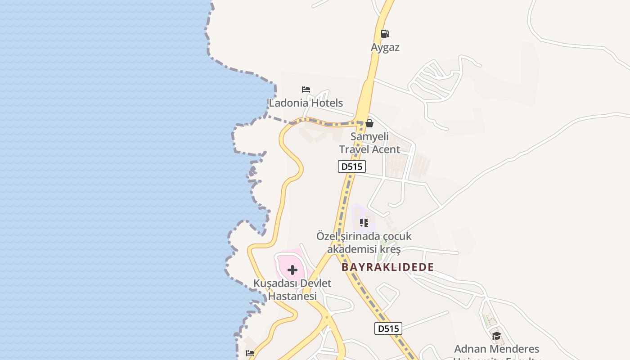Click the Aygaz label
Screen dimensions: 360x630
[x=385, y=47]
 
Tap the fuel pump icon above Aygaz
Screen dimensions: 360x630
[x=385, y=33]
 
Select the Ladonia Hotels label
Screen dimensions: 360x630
[x=306, y=103]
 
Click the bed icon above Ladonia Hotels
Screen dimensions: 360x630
[x=306, y=90]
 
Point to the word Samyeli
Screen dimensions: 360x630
[x=369, y=136]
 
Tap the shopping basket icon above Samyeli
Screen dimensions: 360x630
[x=369, y=123]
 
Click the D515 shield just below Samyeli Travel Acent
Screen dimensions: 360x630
[x=352, y=166]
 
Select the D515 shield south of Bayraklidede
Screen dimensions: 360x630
[x=388, y=328]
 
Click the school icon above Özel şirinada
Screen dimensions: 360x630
[x=364, y=223]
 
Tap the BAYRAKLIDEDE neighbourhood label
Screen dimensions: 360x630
[x=387, y=267]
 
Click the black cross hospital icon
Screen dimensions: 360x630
[x=292, y=270]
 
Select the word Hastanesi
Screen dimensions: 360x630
[x=292, y=296]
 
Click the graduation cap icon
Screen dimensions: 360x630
[x=496, y=336]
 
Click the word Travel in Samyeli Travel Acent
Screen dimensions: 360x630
[x=356, y=149]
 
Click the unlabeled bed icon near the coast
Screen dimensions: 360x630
[x=251, y=353]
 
